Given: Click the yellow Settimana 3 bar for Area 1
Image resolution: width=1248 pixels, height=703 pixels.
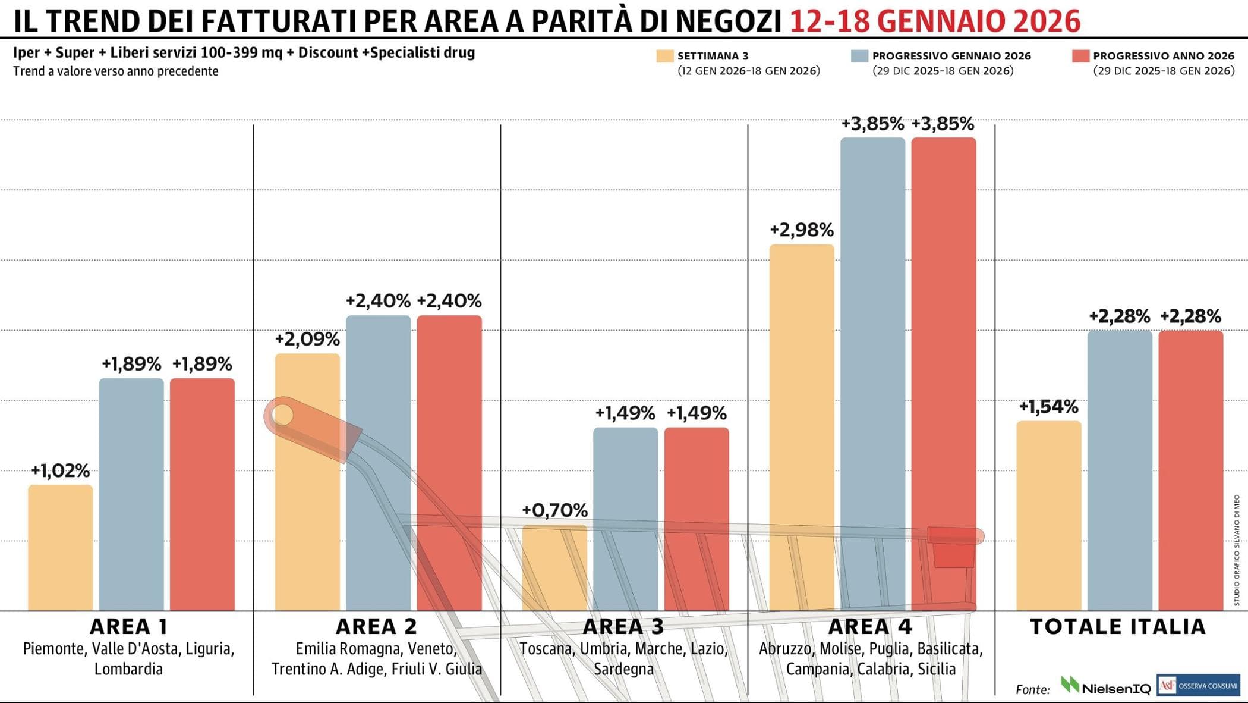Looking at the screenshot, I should coord(60,547).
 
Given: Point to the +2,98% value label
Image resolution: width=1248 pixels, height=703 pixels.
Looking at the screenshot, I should coord(802,230).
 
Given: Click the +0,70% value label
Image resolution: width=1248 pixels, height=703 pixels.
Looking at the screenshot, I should coord(554,510).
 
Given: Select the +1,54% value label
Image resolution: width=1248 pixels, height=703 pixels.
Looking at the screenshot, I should coord(1048,407).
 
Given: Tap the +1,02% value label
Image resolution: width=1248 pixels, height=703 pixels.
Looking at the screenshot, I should coord(60,471).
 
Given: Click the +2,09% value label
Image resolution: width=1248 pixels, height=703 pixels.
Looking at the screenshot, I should coord(307,340).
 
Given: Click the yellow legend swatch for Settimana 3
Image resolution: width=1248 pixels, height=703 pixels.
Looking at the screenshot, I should coord(664,56).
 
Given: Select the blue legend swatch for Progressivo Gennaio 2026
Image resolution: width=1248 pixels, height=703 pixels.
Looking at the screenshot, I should coord(859,56).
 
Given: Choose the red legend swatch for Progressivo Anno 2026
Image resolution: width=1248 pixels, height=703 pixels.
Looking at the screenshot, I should coord(1080,56).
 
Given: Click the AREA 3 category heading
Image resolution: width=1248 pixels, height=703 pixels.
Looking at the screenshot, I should coord(623,626).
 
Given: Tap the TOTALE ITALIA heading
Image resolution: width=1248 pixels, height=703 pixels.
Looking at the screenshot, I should coord(1118,626).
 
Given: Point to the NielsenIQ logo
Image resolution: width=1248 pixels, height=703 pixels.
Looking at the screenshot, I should coord(1106,686).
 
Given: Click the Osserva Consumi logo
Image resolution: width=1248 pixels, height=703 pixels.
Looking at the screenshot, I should coord(1198,685).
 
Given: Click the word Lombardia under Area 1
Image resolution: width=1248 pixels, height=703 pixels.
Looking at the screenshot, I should coord(128,669).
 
